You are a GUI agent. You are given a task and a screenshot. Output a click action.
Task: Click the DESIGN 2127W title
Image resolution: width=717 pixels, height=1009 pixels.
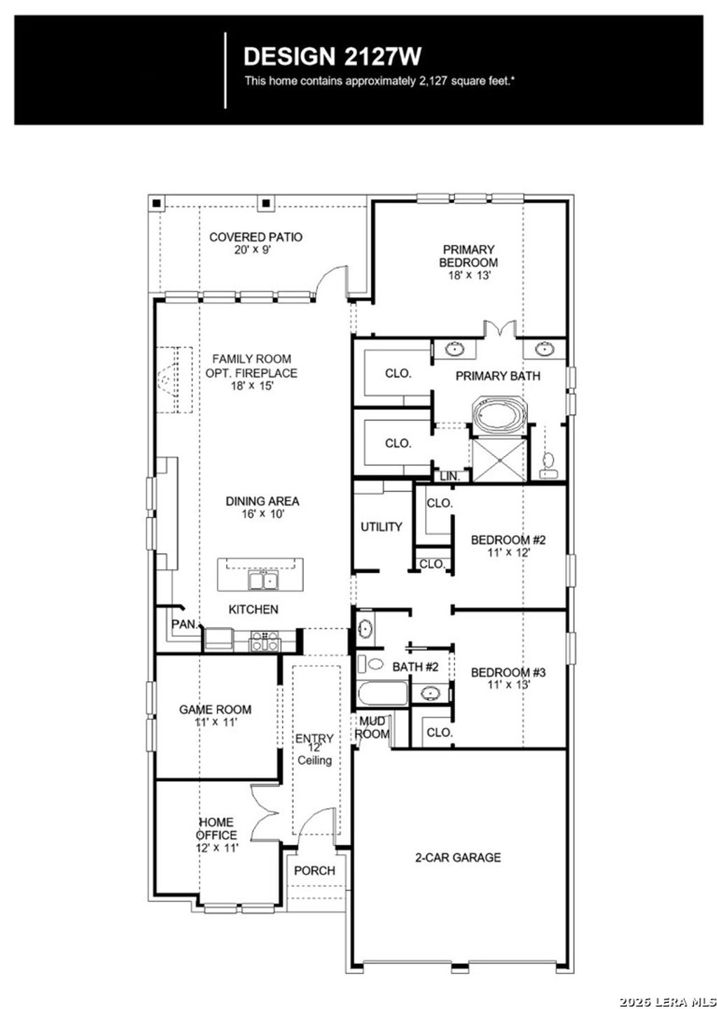coord(332,56)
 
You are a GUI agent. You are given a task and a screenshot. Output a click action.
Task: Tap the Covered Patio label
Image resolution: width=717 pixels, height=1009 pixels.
coord(256,238)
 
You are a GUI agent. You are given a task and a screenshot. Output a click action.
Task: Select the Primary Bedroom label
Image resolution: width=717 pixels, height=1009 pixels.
coord(468,256)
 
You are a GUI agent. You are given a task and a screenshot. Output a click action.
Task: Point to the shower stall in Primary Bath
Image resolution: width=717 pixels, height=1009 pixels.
coord(499,460)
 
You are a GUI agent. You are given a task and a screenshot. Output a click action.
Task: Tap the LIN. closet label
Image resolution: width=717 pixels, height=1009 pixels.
coord(450,476)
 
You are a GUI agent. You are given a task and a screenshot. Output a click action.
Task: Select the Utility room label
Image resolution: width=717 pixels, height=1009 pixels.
coord(381,527)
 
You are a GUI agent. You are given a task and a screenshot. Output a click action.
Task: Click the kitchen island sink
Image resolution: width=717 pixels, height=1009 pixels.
coord(263,580)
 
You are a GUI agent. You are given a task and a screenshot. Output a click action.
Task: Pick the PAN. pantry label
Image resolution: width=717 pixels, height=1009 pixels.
coord(184,624)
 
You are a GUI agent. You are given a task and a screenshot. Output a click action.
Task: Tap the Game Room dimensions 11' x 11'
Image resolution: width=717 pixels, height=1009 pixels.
coord(215,722)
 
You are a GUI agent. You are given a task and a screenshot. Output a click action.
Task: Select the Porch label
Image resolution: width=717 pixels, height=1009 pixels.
coord(314,870)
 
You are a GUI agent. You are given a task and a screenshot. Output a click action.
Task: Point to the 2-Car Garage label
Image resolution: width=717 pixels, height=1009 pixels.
coord(458,857)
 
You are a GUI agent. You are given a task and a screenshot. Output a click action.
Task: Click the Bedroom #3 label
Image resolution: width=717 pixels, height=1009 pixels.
coord(508,673)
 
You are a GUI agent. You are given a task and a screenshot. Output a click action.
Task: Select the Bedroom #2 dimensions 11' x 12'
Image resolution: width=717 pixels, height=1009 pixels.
coord(508,552)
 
